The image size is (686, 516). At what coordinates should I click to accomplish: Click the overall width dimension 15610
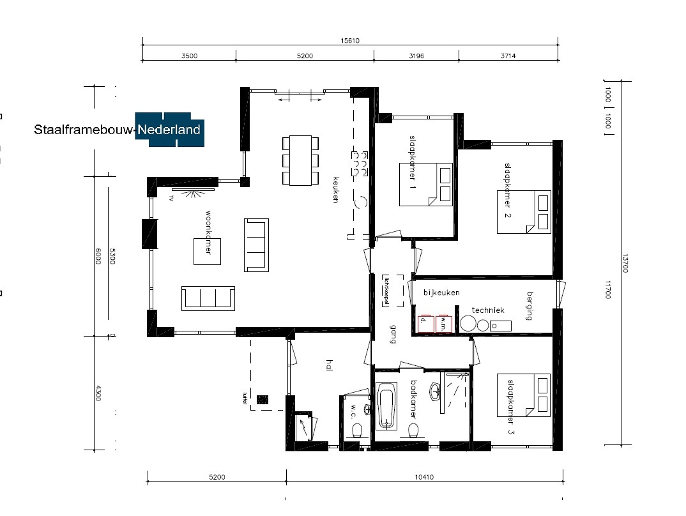pyautogui.click(x=350, y=40)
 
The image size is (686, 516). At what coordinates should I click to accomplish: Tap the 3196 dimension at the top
pyautogui.click(x=416, y=56)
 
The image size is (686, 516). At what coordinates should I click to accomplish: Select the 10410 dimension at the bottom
pyautogui.click(x=424, y=476)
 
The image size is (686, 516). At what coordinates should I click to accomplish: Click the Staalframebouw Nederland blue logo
pyautogui.click(x=170, y=130)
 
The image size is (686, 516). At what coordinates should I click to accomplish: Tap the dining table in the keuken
pyautogui.click(x=300, y=160)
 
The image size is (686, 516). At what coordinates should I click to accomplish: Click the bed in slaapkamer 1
pyautogui.click(x=426, y=184)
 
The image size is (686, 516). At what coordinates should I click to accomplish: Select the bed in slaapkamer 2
pyautogui.click(x=524, y=211)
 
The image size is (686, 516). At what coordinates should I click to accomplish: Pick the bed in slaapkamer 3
pyautogui.click(x=524, y=395)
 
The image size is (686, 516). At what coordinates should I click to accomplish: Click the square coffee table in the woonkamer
pyautogui.click(x=208, y=250)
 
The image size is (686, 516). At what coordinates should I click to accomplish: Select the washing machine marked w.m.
pyautogui.click(x=444, y=324)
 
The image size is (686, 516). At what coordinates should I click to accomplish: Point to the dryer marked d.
pyautogui.click(x=425, y=324)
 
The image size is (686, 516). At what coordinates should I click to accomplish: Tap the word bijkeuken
pyautogui.click(x=442, y=292)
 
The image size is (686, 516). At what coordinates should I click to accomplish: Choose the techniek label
pyautogui.click(x=488, y=310)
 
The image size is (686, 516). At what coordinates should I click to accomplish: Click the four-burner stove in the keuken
pyautogui.click(x=358, y=163)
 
